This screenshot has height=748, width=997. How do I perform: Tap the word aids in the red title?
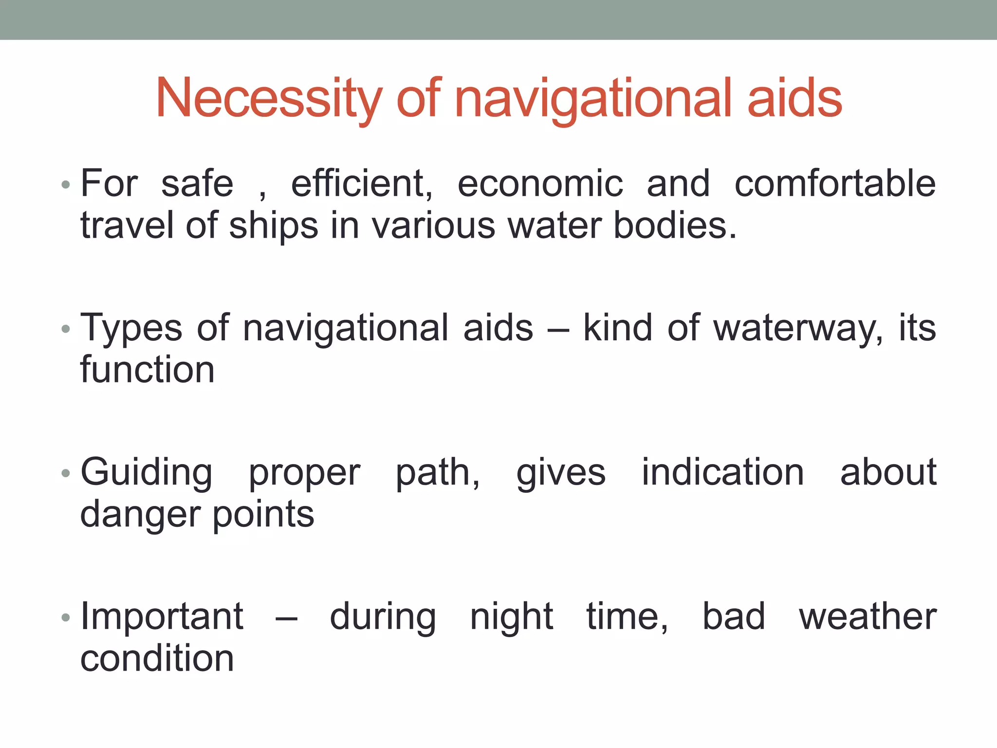coord(794,98)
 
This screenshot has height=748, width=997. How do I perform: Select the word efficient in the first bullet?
coord(361,184)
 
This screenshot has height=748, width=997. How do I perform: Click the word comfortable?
coord(835,184)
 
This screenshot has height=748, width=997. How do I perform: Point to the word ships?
coord(273,226)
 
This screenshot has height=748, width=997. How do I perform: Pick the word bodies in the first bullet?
coord(675,226)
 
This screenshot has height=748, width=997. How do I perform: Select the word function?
coord(148,370)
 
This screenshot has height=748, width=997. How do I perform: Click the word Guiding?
coord(147,472)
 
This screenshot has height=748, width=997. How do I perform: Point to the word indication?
coord(722,472)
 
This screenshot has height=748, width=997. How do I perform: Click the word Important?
coord(162,617)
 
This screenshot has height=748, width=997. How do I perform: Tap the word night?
coord(511,617)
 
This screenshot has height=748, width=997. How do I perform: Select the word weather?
coord(868,617)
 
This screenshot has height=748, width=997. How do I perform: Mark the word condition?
coord(157,658)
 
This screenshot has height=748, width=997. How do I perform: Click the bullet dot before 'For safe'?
coord(66,185)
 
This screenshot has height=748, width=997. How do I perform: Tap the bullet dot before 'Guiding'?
coord(66,473)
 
